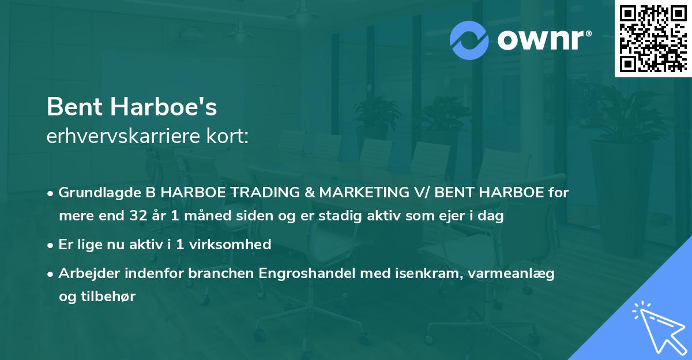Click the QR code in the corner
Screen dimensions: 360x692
[x=653, y=39]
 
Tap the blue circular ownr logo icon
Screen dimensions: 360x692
[x=469, y=40]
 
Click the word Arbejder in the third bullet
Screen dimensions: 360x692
[x=86, y=273]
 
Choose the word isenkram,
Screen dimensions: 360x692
[x=416, y=273]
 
